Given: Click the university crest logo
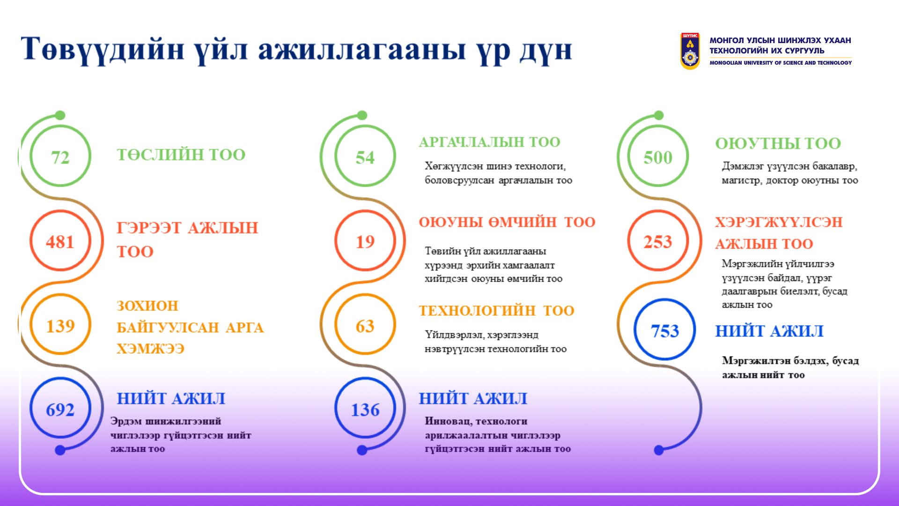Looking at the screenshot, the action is tap(690, 51).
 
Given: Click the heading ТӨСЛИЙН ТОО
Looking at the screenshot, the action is tap(181, 155).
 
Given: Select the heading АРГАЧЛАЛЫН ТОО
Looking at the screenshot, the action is tap(489, 142).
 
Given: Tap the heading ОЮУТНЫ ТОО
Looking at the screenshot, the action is tap(778, 143).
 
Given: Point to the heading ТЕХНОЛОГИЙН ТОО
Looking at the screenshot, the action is tap(496, 311).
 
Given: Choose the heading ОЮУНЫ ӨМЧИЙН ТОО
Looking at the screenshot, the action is tap(507, 222).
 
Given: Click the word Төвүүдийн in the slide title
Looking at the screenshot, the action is tap(102, 49).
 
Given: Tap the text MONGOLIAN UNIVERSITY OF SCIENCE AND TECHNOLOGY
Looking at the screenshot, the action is tap(781, 63).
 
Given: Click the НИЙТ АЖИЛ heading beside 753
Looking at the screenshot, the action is tap(769, 331).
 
